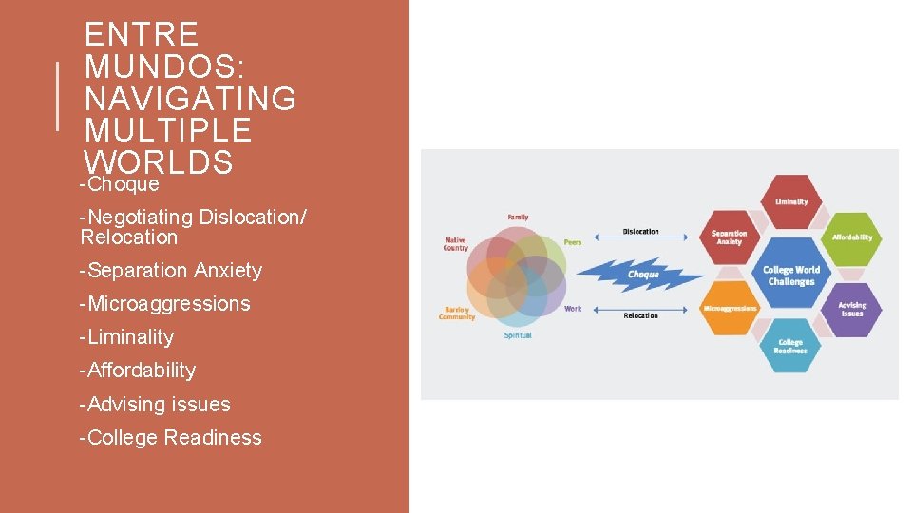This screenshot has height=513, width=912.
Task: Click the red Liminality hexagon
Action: tap(791, 201)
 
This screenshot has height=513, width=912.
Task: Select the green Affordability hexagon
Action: tap(851, 237)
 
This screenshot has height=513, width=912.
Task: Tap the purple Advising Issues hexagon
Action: tap(851, 309)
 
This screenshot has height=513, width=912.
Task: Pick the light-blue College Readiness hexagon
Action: tap(790, 346)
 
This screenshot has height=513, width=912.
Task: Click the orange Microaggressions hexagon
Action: tap(730, 308)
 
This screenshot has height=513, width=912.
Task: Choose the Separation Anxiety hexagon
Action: tap(730, 237)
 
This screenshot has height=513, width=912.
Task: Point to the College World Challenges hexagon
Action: tap(790, 275)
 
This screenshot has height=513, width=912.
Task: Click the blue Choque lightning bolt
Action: tap(641, 275)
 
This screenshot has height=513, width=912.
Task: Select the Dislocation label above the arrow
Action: tap(640, 232)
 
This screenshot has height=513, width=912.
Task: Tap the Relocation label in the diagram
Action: tap(640, 315)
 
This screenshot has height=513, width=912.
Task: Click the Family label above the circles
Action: tap(518, 217)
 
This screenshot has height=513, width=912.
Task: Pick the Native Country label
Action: tap(456, 244)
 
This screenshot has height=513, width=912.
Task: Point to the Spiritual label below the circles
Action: tap(518, 335)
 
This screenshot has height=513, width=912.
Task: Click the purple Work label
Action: tap(573, 309)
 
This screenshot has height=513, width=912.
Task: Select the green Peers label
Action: tap(573, 242)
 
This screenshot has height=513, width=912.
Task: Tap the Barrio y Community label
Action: tap(456, 313)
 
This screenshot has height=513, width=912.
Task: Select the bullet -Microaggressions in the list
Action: tap(166, 304)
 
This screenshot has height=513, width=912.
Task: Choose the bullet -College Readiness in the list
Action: tap(172, 438)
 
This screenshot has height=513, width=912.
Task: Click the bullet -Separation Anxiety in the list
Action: tap(172, 271)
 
